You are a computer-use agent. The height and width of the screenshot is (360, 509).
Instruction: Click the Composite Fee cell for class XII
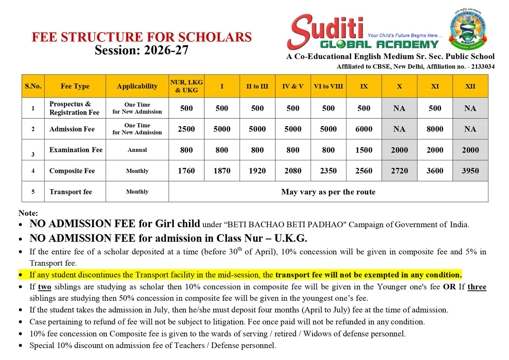[x=470, y=171]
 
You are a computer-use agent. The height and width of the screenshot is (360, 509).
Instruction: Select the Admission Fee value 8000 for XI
[x=435, y=129]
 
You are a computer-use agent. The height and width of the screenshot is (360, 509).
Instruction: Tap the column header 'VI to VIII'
[x=328, y=86]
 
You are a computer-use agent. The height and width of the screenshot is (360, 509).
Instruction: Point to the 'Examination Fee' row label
[x=76, y=150]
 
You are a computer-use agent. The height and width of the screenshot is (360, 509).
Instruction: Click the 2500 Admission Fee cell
[x=186, y=129]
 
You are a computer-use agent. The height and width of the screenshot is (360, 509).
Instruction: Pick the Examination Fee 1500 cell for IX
[x=364, y=150]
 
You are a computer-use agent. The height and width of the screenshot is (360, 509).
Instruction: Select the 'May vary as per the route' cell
[x=328, y=192]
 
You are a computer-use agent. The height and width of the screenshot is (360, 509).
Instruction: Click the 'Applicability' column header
[x=137, y=86]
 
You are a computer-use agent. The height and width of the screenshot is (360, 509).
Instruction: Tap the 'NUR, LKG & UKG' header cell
[x=186, y=86]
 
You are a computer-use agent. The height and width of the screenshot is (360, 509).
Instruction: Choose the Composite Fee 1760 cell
[x=186, y=171]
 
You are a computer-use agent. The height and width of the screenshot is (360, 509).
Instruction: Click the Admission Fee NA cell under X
[x=399, y=129]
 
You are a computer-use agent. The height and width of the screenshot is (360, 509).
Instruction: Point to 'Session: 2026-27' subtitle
[x=141, y=50]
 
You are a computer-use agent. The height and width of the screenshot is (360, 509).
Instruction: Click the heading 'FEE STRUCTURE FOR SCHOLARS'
[x=141, y=37]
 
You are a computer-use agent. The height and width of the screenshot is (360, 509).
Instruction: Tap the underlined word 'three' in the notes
[x=477, y=287]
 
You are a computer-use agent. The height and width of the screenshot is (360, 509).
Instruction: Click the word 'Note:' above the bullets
[x=28, y=213]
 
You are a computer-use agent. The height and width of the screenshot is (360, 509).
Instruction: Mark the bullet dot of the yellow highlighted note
[x=20, y=275]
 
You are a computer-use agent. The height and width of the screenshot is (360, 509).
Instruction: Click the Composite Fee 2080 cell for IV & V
[x=293, y=171]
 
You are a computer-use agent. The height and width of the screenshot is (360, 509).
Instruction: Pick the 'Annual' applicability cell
[x=137, y=150]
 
